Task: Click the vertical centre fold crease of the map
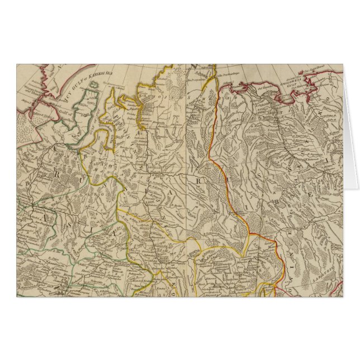pyautogui.click(x=186, y=179)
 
